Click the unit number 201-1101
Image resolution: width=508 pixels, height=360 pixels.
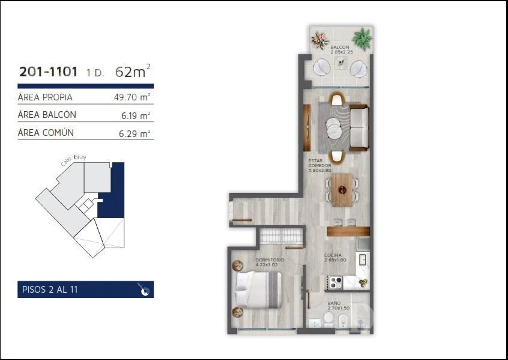point(48,72)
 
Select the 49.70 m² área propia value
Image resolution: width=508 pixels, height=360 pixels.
point(132,97)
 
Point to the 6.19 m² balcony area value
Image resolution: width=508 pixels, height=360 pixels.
point(136,115)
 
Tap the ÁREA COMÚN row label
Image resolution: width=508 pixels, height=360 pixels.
point(46,132)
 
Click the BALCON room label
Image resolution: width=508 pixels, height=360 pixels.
point(340,47)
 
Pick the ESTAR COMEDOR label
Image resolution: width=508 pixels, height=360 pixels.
point(320,163)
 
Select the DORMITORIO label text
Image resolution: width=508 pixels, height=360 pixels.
point(270,260)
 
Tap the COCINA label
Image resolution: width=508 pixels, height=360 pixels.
point(333,255)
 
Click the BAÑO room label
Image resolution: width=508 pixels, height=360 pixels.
point(334,304)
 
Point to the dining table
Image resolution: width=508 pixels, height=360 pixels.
point(342,190)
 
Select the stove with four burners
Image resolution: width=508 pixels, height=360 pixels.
point(336,282)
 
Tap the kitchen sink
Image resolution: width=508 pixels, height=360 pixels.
point(362,260)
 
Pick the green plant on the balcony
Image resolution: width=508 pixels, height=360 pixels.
point(362,38)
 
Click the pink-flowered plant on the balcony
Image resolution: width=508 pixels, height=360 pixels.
point(320,40)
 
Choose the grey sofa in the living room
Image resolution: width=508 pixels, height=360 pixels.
point(358,127)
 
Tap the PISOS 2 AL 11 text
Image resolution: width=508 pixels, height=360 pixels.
point(50,290)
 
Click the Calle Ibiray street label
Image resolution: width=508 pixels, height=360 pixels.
point(73,160)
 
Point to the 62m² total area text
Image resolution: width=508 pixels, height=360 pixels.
point(133,72)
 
